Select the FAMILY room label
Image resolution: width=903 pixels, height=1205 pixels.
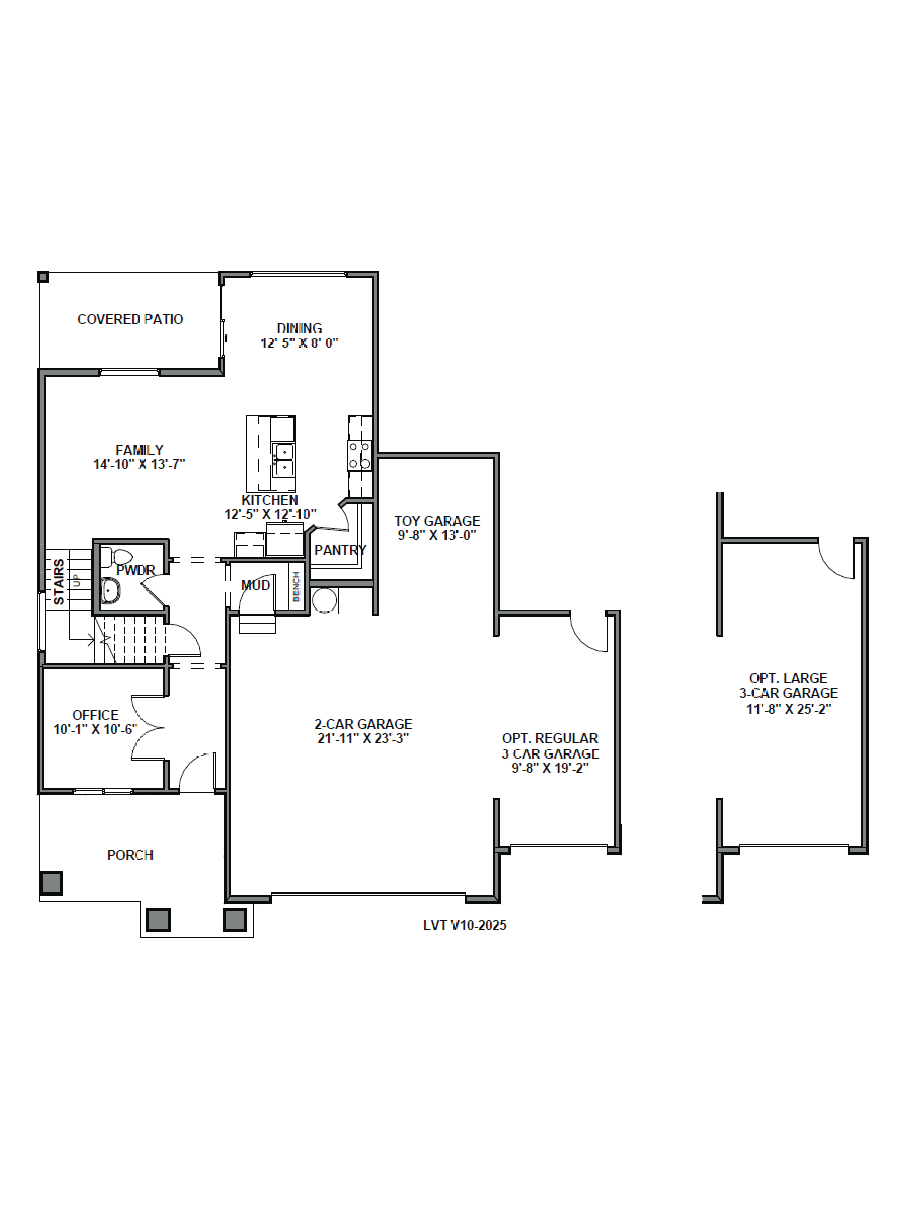[139, 450]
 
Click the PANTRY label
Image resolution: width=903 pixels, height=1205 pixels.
[340, 550]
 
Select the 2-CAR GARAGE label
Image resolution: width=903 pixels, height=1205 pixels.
[363, 725]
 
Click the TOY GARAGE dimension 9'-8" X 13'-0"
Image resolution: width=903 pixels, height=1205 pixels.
[437, 535]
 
